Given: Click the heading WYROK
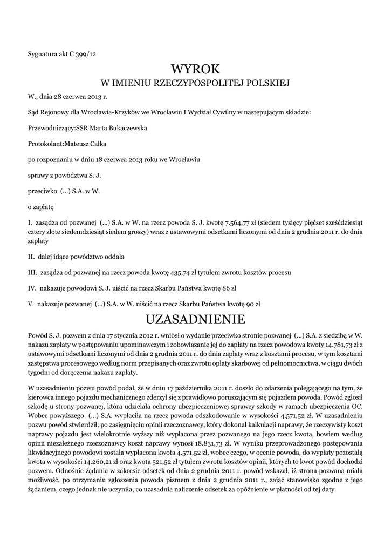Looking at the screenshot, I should tap(196, 69).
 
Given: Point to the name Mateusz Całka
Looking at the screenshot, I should tap(87, 144).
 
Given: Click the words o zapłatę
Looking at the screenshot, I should tap(40, 206).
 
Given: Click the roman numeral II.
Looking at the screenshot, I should tap(31, 257).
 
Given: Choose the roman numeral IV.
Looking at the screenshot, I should tap(31, 288).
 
